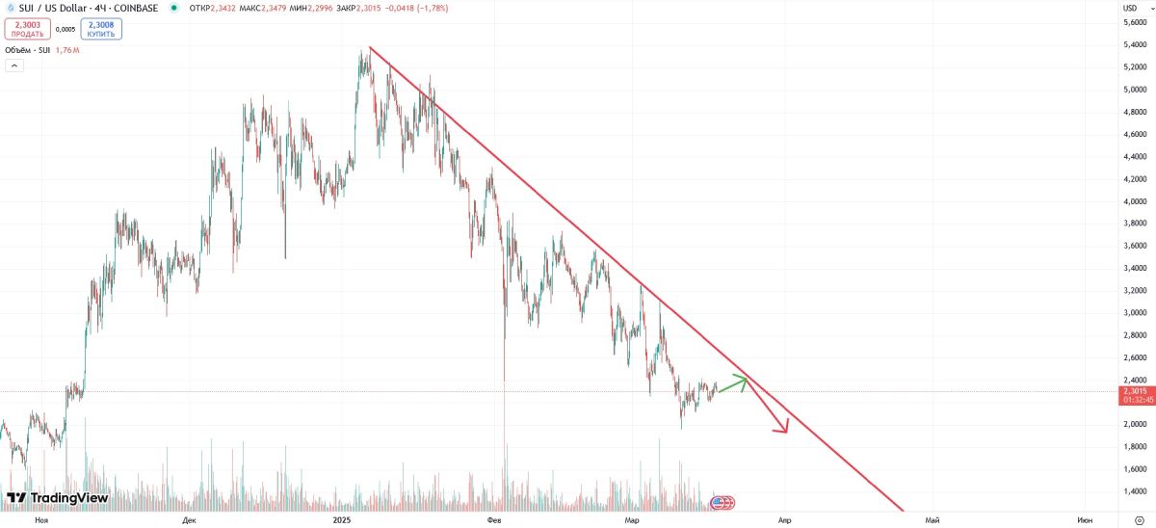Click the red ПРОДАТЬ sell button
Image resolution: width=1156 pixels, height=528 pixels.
(x=27, y=29)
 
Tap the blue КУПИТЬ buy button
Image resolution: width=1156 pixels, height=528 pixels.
(x=101, y=29)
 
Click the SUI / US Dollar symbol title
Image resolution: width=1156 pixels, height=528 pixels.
(x=89, y=9)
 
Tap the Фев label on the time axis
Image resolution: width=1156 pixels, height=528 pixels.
(x=494, y=520)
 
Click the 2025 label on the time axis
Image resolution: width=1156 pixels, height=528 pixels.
(x=342, y=520)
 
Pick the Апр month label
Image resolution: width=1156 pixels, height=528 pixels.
(x=784, y=520)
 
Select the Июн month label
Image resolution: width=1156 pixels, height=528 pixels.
(x=1085, y=520)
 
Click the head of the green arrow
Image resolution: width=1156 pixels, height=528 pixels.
(x=746, y=380)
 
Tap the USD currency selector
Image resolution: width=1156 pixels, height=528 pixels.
(x=1130, y=8)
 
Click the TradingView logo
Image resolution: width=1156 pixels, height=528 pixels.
(x=57, y=498)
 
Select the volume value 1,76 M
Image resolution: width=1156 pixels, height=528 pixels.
(x=67, y=50)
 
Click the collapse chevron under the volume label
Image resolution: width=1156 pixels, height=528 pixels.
(x=14, y=66)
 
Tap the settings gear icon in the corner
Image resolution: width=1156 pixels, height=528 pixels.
(x=1139, y=520)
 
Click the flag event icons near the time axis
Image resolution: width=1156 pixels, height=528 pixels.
(x=722, y=502)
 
